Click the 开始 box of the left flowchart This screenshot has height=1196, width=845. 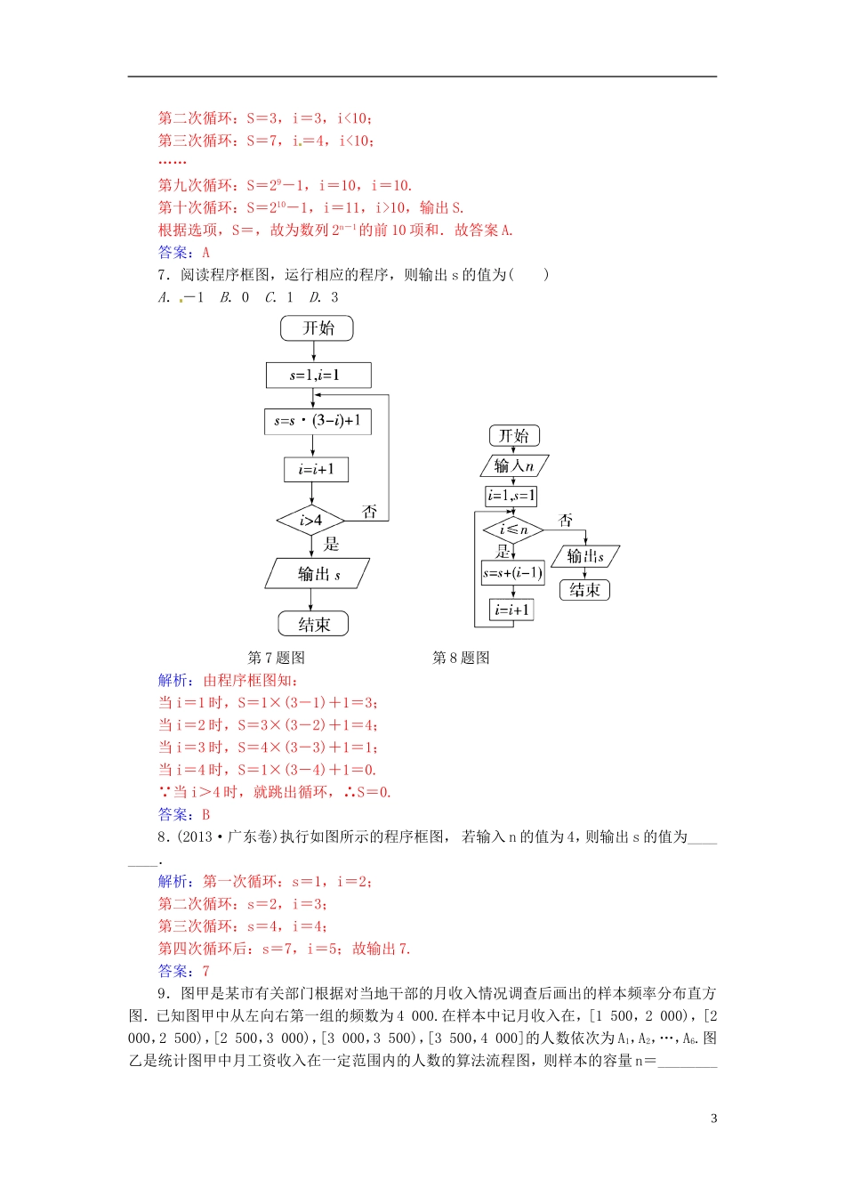[317, 328]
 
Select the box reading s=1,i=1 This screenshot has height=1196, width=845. [318, 376]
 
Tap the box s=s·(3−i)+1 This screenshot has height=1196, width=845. [318, 421]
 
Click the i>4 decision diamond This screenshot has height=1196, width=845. [310, 521]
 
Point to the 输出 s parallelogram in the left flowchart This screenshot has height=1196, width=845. [318, 574]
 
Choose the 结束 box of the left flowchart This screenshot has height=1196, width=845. [313, 624]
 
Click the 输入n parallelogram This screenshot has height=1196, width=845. [514, 465]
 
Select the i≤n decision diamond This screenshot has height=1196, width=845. [513, 529]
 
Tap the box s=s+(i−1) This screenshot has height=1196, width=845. [512, 572]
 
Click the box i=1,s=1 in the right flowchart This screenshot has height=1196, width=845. [511, 496]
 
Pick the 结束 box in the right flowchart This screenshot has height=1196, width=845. [584, 589]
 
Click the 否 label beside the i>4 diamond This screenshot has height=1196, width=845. [370, 512]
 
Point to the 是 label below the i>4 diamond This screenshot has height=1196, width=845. [331, 544]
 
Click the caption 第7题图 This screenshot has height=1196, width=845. [276, 658]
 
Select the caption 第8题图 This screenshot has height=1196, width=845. [461, 658]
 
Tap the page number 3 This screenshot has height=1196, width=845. [713, 1119]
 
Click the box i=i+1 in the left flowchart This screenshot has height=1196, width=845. [316, 469]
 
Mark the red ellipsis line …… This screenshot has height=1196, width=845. [172, 163]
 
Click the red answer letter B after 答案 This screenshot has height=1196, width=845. [206, 814]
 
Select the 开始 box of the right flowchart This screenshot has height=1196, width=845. [514, 435]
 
